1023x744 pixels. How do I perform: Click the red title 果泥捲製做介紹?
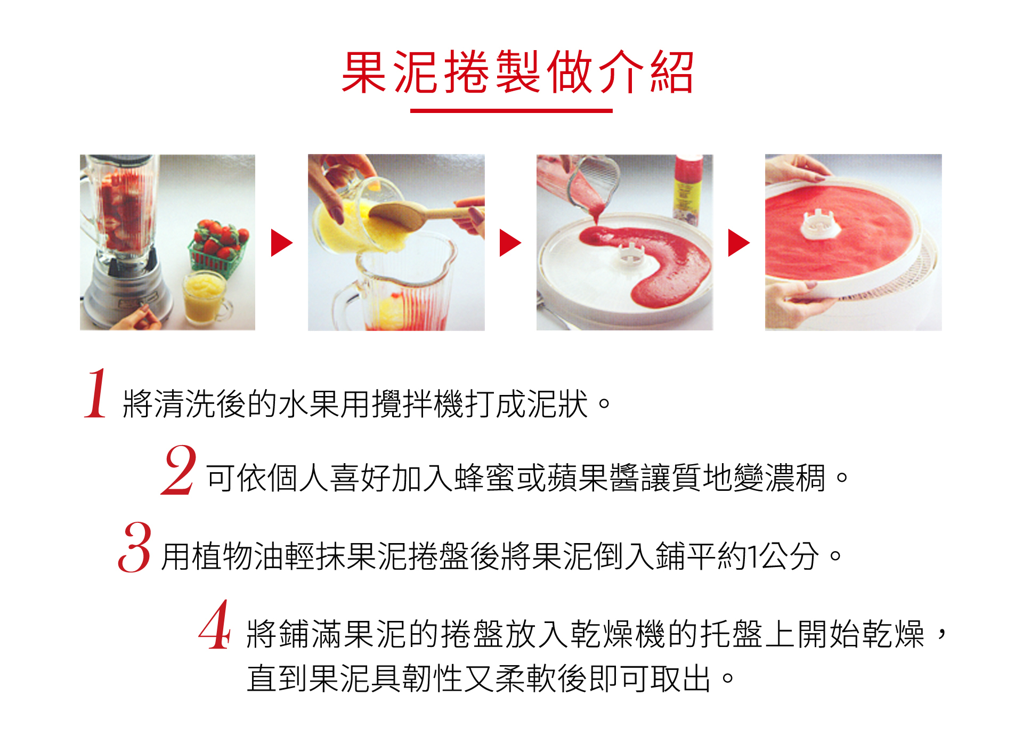[517, 72]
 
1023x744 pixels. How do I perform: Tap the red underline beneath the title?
[511, 111]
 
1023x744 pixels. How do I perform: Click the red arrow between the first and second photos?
[281, 243]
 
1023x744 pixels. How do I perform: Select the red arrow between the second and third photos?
[510, 243]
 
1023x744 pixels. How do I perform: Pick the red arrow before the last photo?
[738, 243]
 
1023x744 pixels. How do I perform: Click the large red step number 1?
[96, 393]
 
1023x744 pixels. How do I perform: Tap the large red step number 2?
[179, 470]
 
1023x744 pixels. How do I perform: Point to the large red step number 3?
[135, 547]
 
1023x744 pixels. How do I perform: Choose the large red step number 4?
[215, 625]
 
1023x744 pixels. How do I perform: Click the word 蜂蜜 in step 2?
[484, 478]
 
